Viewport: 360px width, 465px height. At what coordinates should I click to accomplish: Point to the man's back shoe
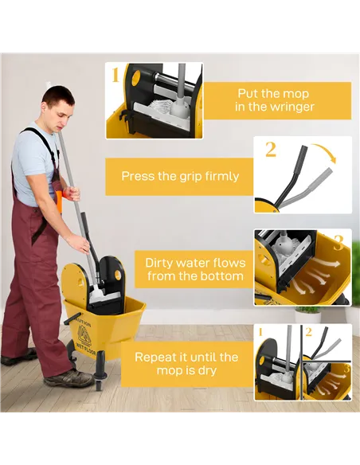(18, 356)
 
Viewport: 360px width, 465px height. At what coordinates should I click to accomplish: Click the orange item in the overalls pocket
(58, 201)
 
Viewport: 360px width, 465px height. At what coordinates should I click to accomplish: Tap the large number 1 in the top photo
(115, 76)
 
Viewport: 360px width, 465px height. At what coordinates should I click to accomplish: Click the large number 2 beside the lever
(271, 149)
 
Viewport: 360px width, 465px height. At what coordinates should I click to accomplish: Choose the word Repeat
(157, 358)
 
